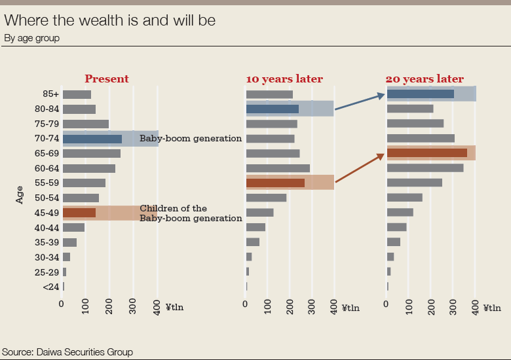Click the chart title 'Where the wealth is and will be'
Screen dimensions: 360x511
(110, 21)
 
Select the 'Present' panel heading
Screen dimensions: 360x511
(107, 79)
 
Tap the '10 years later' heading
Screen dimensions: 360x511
(284, 79)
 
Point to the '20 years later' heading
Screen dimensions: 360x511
(425, 79)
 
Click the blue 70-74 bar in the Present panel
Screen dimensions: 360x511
(92, 139)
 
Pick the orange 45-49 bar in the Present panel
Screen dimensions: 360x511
(79, 213)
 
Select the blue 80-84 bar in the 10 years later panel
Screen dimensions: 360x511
(273, 109)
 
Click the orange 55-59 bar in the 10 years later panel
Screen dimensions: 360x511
(275, 183)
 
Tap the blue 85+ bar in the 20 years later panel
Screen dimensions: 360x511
(421, 94)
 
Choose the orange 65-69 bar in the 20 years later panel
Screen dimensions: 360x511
(427, 153)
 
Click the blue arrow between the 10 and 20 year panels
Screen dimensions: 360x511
(360, 102)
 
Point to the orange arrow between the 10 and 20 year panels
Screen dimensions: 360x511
(359, 167)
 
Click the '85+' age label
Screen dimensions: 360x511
(50, 94)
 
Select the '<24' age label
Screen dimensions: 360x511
(51, 287)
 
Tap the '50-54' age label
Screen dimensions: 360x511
(47, 198)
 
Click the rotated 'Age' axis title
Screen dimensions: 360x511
(20, 194)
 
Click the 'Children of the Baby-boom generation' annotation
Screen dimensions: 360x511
(191, 213)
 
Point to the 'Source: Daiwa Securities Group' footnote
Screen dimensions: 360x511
(67, 352)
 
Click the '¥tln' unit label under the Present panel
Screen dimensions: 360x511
(174, 307)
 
